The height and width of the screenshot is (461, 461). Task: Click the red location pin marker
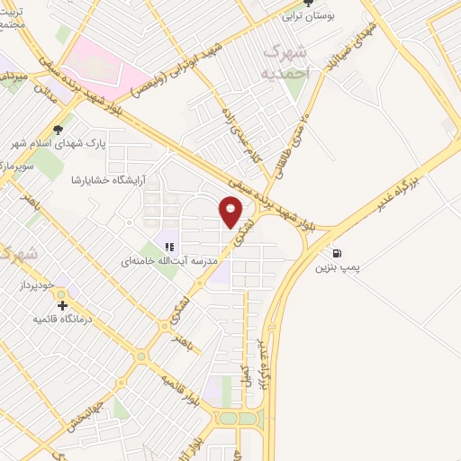pyautogui.click(x=230, y=211)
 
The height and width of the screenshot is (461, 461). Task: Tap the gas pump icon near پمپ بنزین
pyautogui.click(x=338, y=253)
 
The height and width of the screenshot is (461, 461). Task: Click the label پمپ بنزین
pyautogui.click(x=338, y=268)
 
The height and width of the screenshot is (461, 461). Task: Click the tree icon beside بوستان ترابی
pyautogui.click(x=307, y=4)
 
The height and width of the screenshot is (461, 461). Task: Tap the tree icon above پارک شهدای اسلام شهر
pyautogui.click(x=59, y=130)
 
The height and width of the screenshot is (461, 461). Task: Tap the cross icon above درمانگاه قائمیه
pyautogui.click(x=62, y=305)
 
